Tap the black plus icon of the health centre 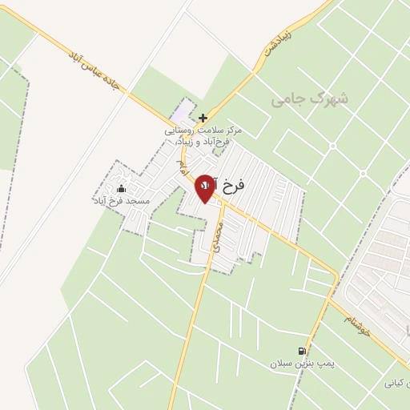pyautogui.click(x=203, y=117)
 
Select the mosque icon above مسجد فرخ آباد pyautogui.click(x=121, y=189)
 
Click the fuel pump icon pyautogui.click(x=302, y=351)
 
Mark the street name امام pyautogui.click(x=183, y=170)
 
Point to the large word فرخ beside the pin pyautogui.click(x=232, y=185)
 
